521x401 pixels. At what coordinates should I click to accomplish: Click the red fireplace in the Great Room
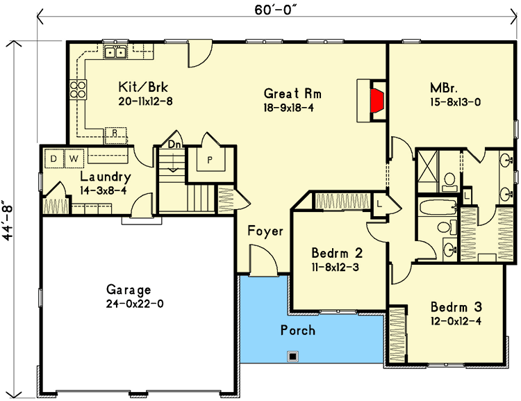pyautogui.click(x=377, y=100)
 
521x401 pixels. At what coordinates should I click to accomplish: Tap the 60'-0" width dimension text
pyautogui.click(x=276, y=10)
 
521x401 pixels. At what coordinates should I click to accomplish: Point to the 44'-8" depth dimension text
pyautogui.click(x=8, y=220)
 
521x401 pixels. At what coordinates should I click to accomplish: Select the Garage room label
pyautogui.click(x=129, y=290)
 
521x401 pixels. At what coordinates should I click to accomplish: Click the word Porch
pyautogui.click(x=298, y=330)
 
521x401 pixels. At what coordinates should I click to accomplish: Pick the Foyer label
pyautogui.click(x=265, y=231)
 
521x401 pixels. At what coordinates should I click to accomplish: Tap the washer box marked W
pyautogui.click(x=74, y=158)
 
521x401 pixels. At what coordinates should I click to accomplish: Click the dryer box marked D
pyautogui.click(x=53, y=158)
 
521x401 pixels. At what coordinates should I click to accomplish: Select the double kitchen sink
pyautogui.click(x=115, y=52)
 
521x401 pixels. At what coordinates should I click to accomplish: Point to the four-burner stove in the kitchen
pyautogui.click(x=78, y=90)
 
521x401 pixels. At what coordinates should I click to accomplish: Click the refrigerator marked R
pyautogui.click(x=115, y=136)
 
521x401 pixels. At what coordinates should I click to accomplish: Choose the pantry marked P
pyautogui.click(x=210, y=160)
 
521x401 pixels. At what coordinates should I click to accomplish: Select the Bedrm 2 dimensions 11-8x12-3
pyautogui.click(x=336, y=268)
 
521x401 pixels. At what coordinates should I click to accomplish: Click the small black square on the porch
pyautogui.click(x=292, y=357)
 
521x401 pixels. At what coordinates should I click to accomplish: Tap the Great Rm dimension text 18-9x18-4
pyautogui.click(x=289, y=108)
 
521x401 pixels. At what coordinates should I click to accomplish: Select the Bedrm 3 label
pyautogui.click(x=456, y=307)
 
